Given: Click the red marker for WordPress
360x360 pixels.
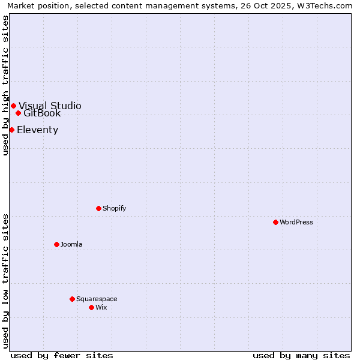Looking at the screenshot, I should (275, 222).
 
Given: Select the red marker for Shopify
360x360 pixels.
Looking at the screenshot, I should (98, 208).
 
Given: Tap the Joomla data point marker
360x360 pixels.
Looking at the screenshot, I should (56, 244).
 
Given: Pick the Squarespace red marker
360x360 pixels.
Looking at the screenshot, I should (72, 299).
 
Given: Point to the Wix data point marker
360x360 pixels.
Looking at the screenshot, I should (91, 307).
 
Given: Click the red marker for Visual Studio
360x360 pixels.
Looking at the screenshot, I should (13, 106).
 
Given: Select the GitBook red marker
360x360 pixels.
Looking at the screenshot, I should (18, 113).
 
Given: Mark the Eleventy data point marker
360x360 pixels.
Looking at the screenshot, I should (11, 130).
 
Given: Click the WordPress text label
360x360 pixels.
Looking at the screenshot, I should (296, 222).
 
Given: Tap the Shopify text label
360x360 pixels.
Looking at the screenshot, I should (114, 208).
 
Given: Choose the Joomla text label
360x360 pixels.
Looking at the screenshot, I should (71, 244).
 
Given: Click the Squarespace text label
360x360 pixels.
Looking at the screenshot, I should (97, 299).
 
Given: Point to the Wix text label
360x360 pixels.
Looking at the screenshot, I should (101, 307).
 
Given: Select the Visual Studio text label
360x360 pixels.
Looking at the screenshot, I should (50, 106).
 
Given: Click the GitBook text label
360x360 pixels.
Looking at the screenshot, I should (42, 113).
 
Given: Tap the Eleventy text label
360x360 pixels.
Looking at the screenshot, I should (37, 130).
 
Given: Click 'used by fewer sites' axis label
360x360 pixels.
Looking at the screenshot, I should (62, 355).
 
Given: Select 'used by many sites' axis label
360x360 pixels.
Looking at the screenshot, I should (301, 355).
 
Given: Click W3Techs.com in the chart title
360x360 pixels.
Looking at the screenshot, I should (322, 5).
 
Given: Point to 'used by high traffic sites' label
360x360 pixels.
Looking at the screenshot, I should (5, 85).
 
